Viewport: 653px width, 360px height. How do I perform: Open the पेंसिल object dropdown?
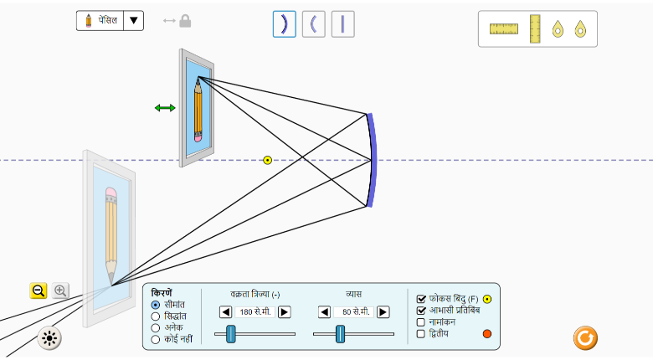coord(134,20)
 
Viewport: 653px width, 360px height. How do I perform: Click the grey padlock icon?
coord(185,20)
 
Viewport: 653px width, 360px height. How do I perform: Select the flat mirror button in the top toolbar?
coord(342,23)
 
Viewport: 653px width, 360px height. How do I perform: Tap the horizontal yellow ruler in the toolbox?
coord(504,29)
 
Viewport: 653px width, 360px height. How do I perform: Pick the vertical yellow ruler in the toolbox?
coord(535,28)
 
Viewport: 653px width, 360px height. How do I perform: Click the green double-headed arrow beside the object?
coord(165,107)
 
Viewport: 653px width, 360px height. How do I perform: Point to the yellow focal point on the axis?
coord(268,160)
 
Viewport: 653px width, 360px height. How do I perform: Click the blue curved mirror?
coord(372,159)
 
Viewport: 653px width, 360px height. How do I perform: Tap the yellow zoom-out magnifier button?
coord(39,291)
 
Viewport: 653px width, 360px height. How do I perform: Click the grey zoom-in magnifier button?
coord(60,291)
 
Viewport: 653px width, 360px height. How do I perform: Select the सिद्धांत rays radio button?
coord(156,316)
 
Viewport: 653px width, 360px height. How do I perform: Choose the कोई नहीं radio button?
coord(156,339)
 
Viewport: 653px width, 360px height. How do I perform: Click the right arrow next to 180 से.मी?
coord(285,312)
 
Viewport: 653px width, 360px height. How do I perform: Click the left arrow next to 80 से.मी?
coord(325,312)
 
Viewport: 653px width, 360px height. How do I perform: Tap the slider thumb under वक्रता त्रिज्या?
coord(231,334)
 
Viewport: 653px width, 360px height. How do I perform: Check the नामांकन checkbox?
coord(422,321)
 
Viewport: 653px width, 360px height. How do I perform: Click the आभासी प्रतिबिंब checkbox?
coord(422,310)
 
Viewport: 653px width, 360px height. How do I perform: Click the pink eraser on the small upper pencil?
coord(198,135)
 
